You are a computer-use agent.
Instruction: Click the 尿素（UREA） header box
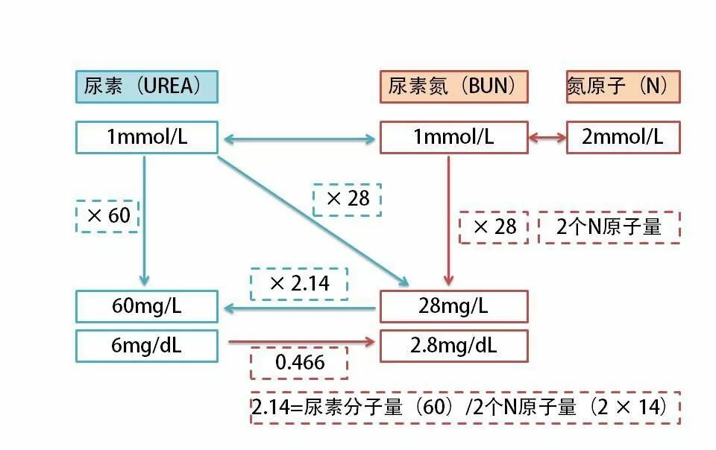[x=146, y=86]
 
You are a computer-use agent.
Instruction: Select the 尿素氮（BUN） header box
[x=453, y=86]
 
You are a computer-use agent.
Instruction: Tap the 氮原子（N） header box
[x=623, y=86]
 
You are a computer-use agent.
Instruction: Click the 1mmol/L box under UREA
[x=146, y=138]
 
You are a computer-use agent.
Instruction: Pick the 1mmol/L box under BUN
[x=453, y=138]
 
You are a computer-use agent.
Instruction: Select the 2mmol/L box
[x=623, y=138]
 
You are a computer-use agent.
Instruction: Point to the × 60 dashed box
[x=108, y=216]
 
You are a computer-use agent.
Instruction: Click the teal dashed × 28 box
[x=347, y=199]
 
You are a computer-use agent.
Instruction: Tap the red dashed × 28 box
[x=494, y=227]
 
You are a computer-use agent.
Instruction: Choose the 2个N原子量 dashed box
[x=609, y=227]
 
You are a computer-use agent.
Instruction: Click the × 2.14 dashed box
[x=299, y=284]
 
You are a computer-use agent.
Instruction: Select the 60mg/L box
[x=146, y=306]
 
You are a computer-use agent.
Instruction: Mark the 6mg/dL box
[x=146, y=346]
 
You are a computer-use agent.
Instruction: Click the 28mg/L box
[x=453, y=306]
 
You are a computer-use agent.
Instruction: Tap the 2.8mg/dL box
[x=453, y=346]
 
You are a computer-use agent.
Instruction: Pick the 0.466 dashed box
[x=299, y=364]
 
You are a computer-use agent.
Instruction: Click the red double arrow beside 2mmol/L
[x=547, y=138]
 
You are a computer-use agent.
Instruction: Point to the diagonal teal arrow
[x=313, y=221]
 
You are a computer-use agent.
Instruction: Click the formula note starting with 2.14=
[x=465, y=408]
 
